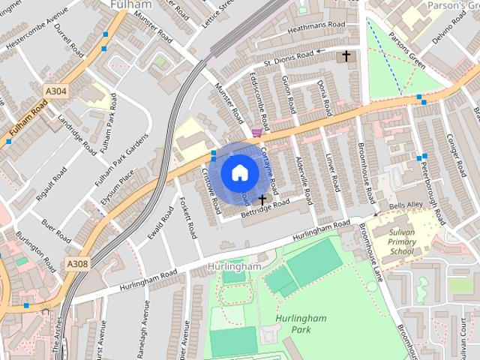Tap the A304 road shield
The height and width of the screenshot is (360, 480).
55,91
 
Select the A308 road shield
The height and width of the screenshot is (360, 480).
77,264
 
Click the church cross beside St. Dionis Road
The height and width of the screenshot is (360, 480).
346,55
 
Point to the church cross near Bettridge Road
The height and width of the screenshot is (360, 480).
262,199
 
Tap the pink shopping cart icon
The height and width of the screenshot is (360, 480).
257,133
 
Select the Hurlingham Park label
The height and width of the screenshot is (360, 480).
300,323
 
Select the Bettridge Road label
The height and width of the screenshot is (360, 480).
264,207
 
